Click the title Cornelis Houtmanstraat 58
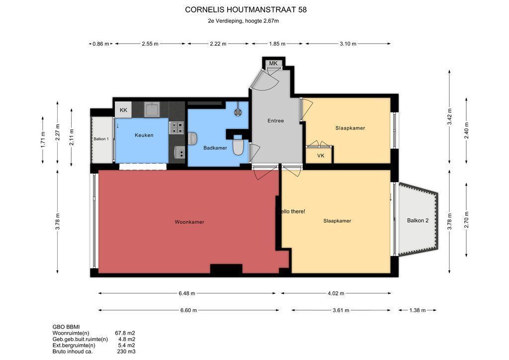(x=246, y=10)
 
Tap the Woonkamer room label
(x=189, y=222)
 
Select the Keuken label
(x=144, y=135)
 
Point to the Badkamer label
(x=215, y=148)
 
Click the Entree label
(x=275, y=120)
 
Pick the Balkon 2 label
(x=418, y=220)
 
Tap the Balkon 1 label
(x=101, y=139)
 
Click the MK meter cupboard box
(x=273, y=63)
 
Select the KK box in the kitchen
(x=123, y=110)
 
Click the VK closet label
(x=321, y=156)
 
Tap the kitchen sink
(x=152, y=109)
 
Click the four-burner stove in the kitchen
(x=176, y=128)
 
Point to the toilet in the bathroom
(x=238, y=146)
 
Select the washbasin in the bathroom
(x=192, y=138)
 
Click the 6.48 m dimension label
(x=187, y=293)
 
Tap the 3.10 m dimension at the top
(x=348, y=43)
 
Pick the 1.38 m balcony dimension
(x=418, y=310)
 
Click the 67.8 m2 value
(x=125, y=333)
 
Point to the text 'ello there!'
(x=293, y=211)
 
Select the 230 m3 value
(x=126, y=351)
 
